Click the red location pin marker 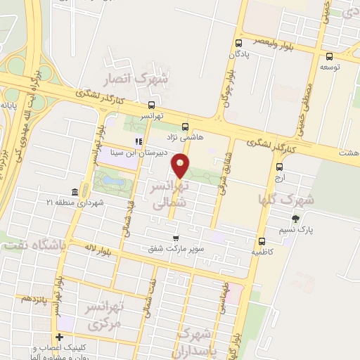tap(181, 166)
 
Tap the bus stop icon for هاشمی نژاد tap(185, 127)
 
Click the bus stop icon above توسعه tap(330, 57)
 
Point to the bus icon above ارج tap(280, 167)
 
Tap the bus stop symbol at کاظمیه tap(262, 240)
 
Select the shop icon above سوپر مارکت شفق tap(174, 238)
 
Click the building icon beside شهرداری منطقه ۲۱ tap(75, 192)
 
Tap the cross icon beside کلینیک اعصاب tap(59, 338)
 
